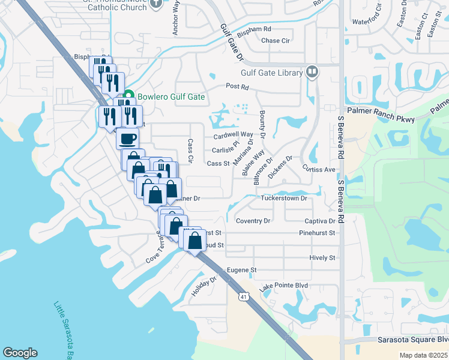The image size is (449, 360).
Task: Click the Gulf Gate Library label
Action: [x=271, y=73]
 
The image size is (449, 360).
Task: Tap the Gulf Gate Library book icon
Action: [x=312, y=73]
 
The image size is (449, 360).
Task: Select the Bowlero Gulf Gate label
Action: [x=171, y=97]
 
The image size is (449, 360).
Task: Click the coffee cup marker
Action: [x=127, y=139]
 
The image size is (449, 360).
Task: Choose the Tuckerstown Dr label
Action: [x=284, y=198]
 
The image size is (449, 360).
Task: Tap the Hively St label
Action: [x=322, y=257]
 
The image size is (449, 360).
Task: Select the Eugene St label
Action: [x=241, y=271]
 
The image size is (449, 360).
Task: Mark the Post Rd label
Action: [x=237, y=86]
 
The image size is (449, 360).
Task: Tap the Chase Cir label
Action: [x=276, y=41]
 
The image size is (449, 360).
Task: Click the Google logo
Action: [x=20, y=353]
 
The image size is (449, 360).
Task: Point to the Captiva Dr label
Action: [x=319, y=221]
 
